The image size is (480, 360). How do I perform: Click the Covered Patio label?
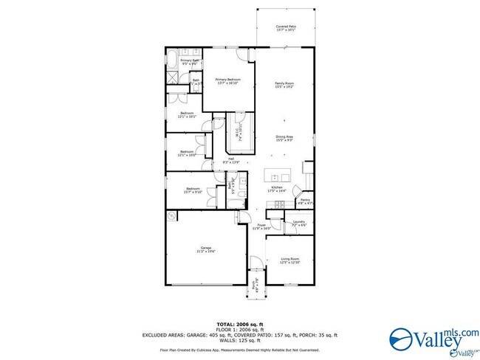(285, 28)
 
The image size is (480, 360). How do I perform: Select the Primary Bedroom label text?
(229, 81)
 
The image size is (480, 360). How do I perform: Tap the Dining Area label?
(285, 138)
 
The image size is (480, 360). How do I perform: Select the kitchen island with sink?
(281, 177)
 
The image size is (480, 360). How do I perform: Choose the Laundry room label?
(298, 224)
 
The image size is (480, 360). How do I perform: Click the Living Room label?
(289, 260)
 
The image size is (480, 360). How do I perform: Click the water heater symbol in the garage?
(172, 215)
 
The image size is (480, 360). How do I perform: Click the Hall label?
(231, 161)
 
